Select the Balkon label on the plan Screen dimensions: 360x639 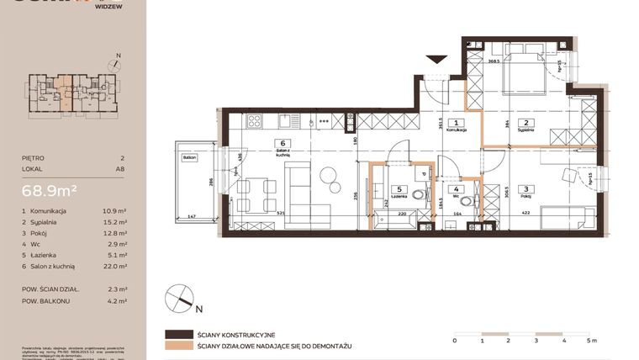point(188,156)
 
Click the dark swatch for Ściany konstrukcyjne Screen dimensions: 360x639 point(179,333)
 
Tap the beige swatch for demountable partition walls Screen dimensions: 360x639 point(179,345)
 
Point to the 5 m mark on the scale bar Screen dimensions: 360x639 point(593,341)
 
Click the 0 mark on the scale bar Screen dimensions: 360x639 point(454,341)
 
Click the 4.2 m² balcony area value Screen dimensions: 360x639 point(117,299)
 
